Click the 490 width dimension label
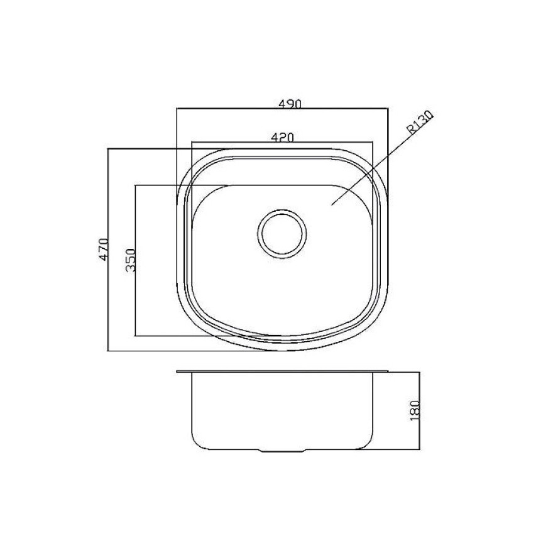click(x=290, y=104)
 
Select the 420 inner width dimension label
click(x=282, y=137)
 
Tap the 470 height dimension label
click(x=103, y=249)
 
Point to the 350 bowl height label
click(x=130, y=260)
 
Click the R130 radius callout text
click(x=420, y=122)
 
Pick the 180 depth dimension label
click(x=416, y=410)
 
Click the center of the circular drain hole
click(x=282, y=234)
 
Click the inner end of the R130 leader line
click(x=332, y=204)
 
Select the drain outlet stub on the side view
click(x=282, y=451)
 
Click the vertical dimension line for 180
click(x=419, y=410)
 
